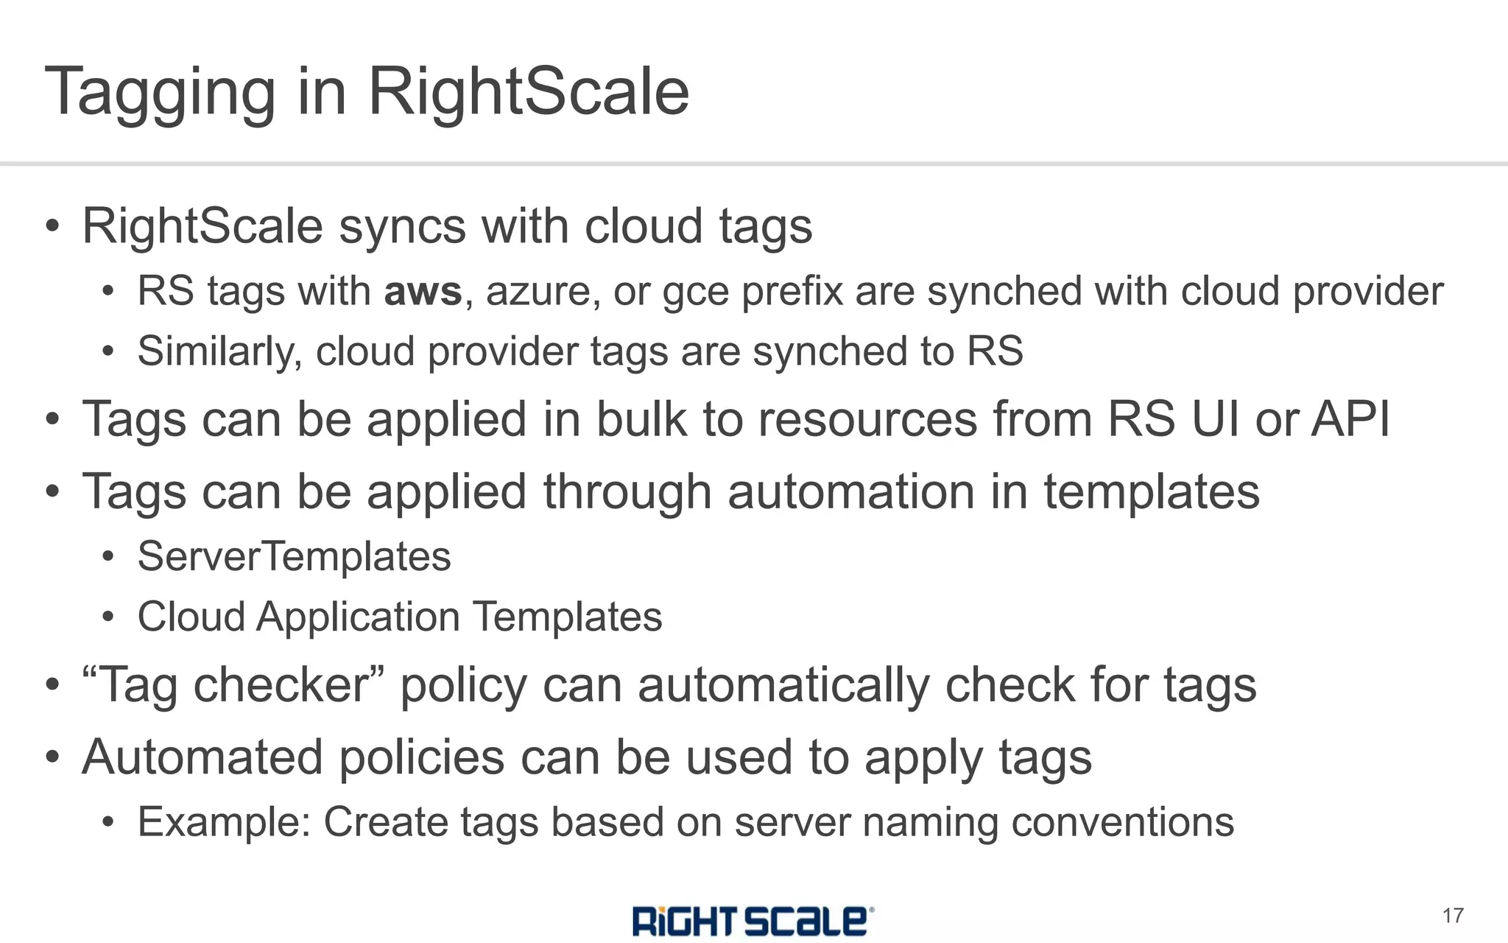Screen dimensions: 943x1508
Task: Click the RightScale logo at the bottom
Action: [753, 920]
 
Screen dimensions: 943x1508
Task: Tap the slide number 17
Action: [1452, 916]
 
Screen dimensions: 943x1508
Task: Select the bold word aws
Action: [423, 292]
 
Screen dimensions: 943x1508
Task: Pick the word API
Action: [1350, 419]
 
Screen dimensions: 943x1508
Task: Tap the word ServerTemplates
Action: [294, 556]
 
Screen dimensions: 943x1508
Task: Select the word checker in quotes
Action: [280, 685]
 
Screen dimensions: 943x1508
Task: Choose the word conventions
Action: [1122, 822]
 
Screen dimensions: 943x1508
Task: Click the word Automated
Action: [202, 757]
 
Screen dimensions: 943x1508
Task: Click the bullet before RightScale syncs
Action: [52, 226]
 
